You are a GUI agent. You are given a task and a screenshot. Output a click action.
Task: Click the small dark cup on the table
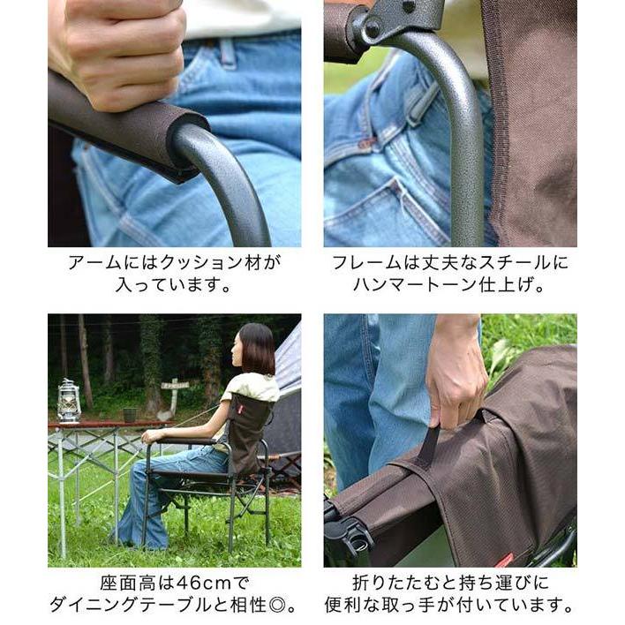point(130,414)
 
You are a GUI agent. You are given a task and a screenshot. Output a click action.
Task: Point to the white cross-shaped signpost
point(174,388)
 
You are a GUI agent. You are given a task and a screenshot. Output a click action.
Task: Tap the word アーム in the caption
point(89,263)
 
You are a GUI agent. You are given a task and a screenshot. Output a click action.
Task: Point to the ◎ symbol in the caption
point(281,606)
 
